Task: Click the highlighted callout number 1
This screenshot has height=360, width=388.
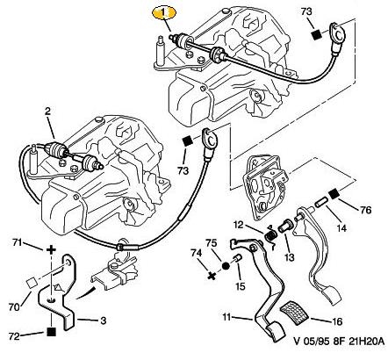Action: click(164, 12)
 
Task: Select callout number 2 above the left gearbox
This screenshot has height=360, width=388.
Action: click(47, 112)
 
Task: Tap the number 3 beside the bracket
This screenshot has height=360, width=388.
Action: click(103, 320)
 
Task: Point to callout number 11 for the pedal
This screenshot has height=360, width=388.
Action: click(226, 317)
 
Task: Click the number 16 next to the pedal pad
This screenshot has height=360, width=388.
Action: click(337, 321)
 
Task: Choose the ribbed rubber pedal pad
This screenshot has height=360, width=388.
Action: click(295, 312)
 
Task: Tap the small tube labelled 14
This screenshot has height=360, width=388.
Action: click(320, 203)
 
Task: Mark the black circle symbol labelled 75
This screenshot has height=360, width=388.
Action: click(226, 266)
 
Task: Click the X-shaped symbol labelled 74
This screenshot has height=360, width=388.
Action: click(212, 276)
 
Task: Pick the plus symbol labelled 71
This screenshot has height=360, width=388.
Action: click(51, 249)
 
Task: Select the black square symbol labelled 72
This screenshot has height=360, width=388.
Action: click(52, 332)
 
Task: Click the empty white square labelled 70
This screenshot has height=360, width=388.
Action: click(31, 283)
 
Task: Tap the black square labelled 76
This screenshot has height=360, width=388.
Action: click(333, 194)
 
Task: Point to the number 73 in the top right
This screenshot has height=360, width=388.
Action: click(306, 11)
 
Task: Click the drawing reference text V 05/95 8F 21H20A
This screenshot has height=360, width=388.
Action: click(339, 342)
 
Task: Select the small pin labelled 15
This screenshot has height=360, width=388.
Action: click(236, 259)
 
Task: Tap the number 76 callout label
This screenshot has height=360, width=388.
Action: click(364, 210)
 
